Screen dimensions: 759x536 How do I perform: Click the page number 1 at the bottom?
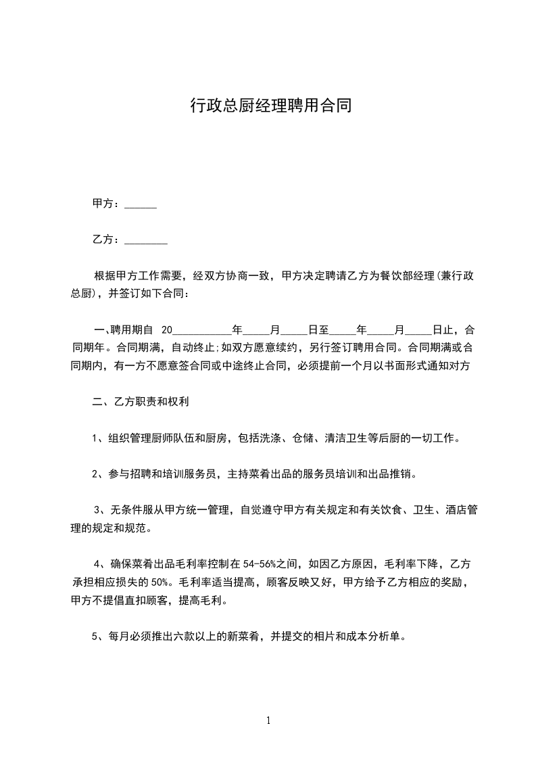[268, 720]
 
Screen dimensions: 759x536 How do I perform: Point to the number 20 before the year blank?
[167, 331]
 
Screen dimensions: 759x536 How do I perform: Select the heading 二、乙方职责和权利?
[140, 402]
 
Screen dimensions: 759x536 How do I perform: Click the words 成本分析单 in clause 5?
[375, 636]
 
